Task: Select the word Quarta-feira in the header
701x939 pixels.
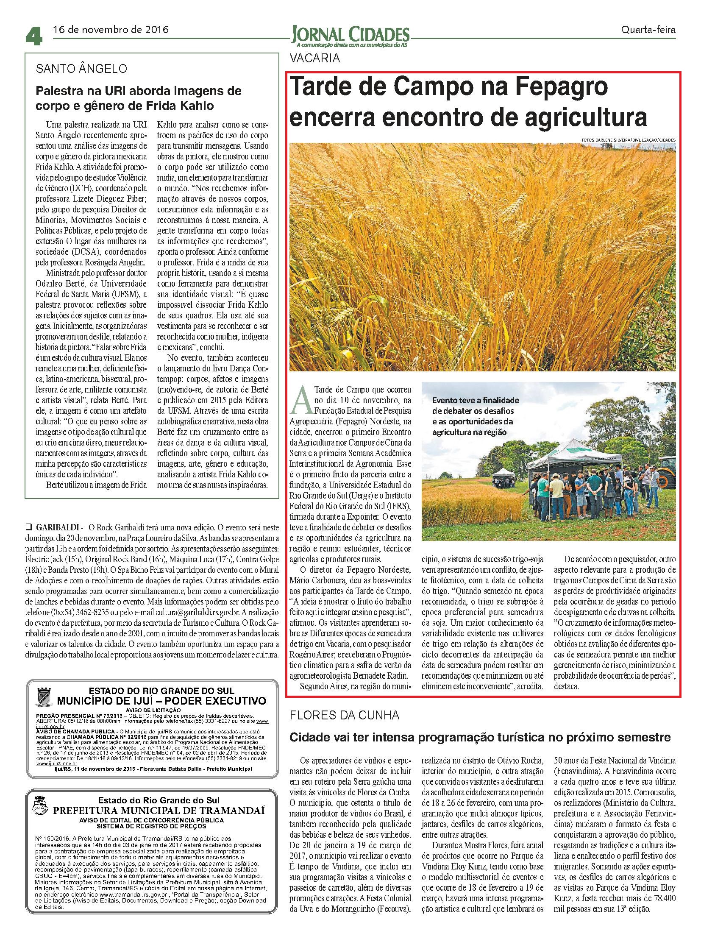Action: point(648,30)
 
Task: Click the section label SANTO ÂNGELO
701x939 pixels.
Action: point(81,69)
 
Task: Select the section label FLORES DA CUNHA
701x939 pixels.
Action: point(344,715)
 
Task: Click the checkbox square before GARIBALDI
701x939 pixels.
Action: point(29,528)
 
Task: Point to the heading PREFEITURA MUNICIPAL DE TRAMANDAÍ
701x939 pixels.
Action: point(158,811)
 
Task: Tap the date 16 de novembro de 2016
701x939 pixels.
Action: point(110,30)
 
